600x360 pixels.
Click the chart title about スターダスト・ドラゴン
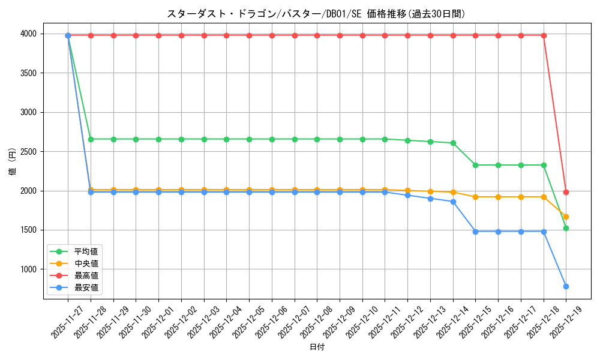tap(316, 14)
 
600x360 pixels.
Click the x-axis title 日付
tap(317, 347)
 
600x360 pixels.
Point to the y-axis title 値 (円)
tap(13, 163)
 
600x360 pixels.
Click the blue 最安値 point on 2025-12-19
tap(566, 286)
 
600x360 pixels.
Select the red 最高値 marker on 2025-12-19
tap(566, 192)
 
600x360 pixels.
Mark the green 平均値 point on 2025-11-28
tap(91, 139)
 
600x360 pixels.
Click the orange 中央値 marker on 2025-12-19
tap(566, 217)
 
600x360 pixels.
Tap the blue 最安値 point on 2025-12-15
tap(475, 232)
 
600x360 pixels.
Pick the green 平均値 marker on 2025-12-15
tap(475, 165)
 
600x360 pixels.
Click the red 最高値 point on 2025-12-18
tap(544, 35)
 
